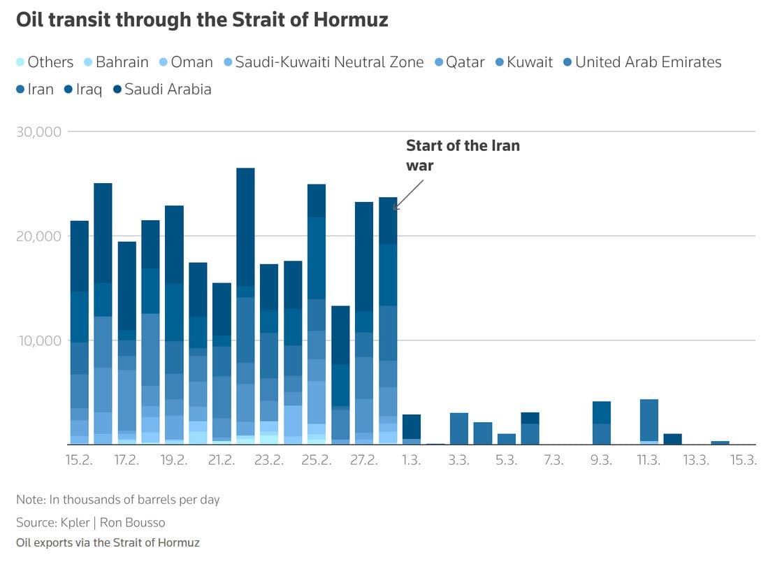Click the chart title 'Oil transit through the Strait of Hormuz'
pos(202,20)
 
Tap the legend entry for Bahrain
pos(122,62)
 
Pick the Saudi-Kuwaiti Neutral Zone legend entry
pos(329,62)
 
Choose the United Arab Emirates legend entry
pos(648,62)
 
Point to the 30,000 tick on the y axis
pos(39,131)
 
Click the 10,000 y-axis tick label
pos(39,340)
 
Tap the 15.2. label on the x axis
pos(79,460)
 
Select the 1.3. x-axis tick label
pos(411,460)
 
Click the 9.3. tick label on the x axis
pos(601,460)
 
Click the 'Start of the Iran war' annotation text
pos(463,155)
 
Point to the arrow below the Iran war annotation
pos(409,194)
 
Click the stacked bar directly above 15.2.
pos(80,333)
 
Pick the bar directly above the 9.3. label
pos(601,423)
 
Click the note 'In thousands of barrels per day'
pos(118,500)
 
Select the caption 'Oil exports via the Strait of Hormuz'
pos(108,543)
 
